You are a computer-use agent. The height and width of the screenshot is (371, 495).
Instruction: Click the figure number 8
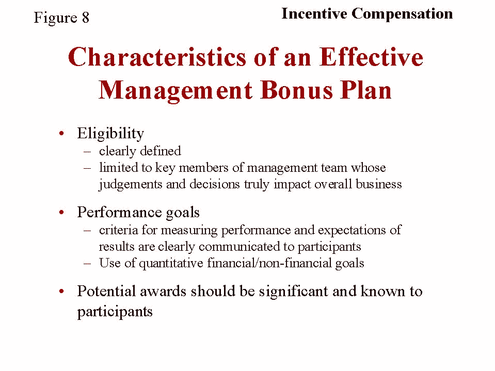tap(86, 18)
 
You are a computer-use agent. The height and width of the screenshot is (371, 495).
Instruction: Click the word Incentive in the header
tap(314, 13)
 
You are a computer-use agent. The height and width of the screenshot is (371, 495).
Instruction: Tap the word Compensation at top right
tap(402, 14)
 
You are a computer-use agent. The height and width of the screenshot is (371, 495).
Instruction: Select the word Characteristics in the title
tap(157, 57)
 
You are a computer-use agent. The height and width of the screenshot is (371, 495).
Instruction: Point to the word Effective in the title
tap(371, 57)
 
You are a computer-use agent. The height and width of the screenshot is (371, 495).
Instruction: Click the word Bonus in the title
tap(297, 90)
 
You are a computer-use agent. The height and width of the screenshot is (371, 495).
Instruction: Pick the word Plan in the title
tap(365, 90)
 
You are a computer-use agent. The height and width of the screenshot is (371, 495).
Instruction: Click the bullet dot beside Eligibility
tap(61, 134)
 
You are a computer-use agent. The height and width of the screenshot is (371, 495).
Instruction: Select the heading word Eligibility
tap(110, 134)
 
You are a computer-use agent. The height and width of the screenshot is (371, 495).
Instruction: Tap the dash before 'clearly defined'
tap(87, 152)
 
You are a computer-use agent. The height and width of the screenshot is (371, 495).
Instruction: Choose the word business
tap(379, 184)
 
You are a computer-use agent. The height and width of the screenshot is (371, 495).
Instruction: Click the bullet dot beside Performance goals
tap(61, 212)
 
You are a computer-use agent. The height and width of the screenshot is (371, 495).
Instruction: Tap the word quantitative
tap(171, 264)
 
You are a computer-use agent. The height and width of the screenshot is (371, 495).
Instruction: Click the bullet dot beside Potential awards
tap(61, 291)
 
